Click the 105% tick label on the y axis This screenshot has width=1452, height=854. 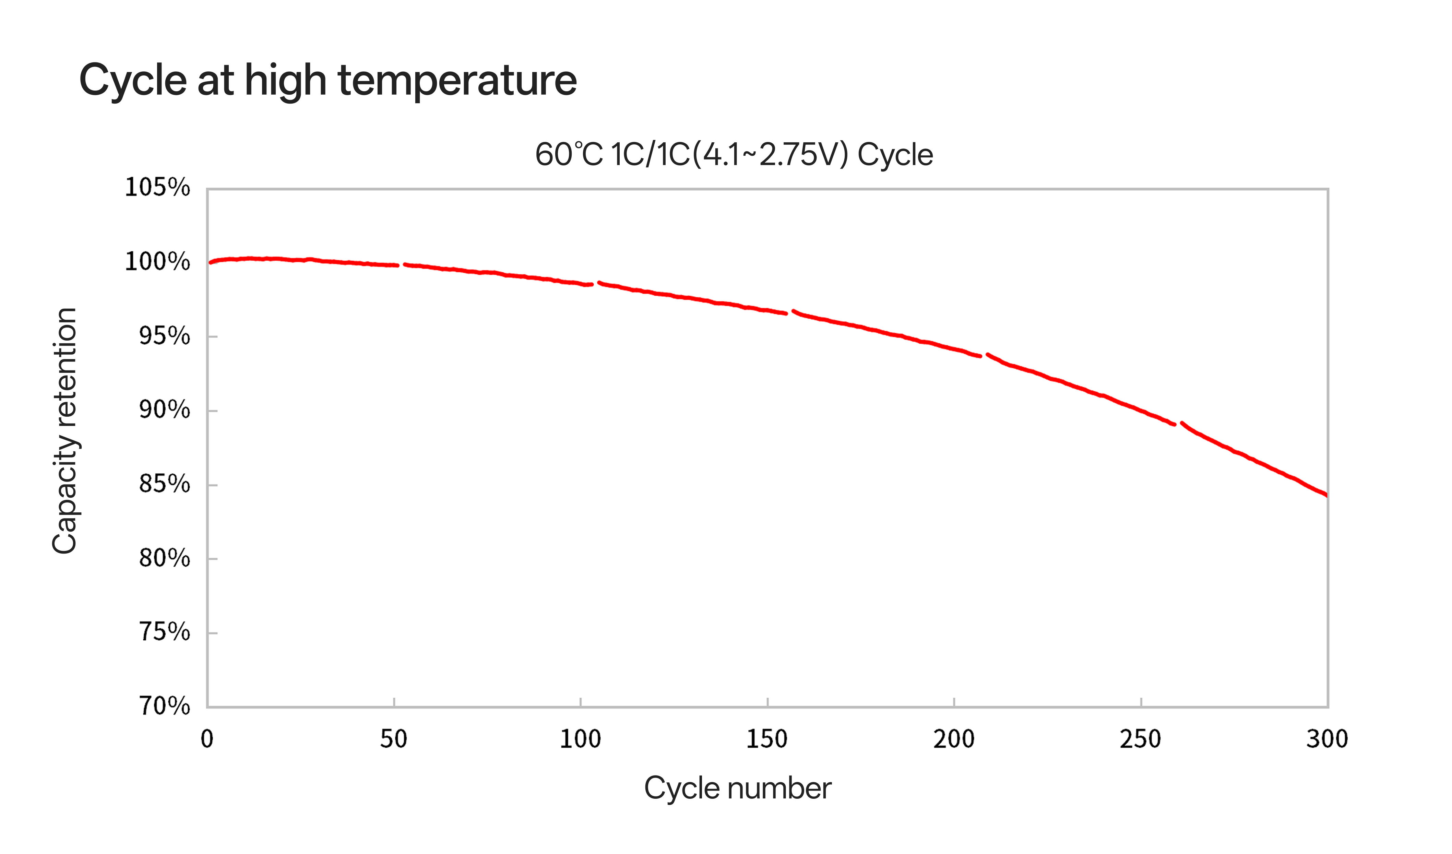(x=157, y=188)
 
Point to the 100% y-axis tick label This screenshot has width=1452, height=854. (x=157, y=262)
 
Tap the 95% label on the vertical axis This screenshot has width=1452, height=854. (x=164, y=336)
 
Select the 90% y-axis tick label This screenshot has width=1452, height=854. (x=164, y=410)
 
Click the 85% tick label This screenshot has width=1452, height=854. (x=164, y=484)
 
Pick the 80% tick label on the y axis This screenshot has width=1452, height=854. (x=164, y=558)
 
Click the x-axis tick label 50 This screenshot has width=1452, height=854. (x=394, y=739)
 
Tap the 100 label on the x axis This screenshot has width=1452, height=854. (x=580, y=739)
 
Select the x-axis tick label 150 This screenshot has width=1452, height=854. (x=767, y=739)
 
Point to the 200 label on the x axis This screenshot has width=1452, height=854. (x=954, y=739)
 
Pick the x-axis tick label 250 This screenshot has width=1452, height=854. (x=1140, y=739)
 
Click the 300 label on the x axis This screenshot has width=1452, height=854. (x=1327, y=739)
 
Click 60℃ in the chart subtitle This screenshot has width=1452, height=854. (x=569, y=154)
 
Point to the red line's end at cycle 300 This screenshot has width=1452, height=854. (x=1326, y=495)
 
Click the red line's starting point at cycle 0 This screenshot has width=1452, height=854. (x=210, y=263)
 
